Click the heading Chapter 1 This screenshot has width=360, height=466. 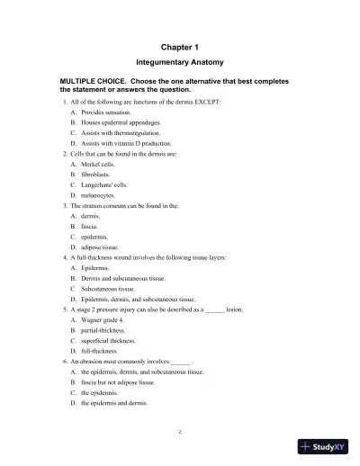179,45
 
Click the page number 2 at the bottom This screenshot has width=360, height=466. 180,431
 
